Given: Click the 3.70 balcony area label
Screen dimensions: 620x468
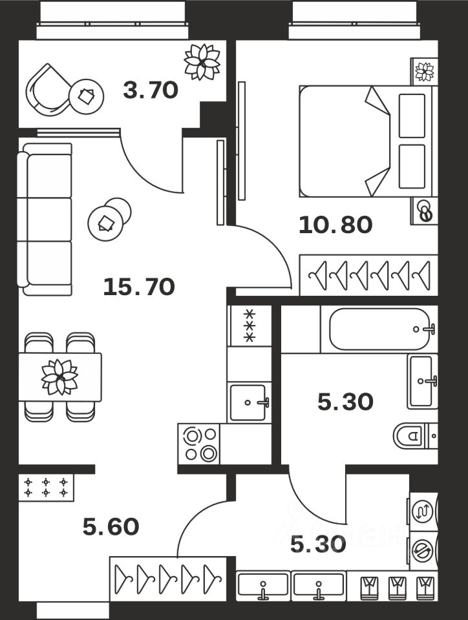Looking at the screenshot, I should point(150,90).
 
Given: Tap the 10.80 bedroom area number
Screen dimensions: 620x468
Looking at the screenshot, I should point(335,225).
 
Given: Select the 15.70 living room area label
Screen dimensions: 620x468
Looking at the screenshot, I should point(139,285).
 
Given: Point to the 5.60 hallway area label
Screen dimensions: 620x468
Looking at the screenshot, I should point(111,527).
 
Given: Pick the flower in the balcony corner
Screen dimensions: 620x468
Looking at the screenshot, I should point(202,61).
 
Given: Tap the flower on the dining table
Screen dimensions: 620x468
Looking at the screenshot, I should point(59,377).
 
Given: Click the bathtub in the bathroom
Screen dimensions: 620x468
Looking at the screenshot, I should point(379,329).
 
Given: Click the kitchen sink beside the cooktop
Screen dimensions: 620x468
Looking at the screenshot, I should point(249,402).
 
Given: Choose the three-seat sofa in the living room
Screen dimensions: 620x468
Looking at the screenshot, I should point(45,220).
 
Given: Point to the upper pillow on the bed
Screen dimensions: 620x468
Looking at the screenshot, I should point(412,116).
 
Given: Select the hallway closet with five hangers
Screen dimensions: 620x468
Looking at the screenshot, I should point(167,574).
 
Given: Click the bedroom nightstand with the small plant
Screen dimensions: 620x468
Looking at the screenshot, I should point(424,71).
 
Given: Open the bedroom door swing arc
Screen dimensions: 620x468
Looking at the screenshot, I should point(271,252).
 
